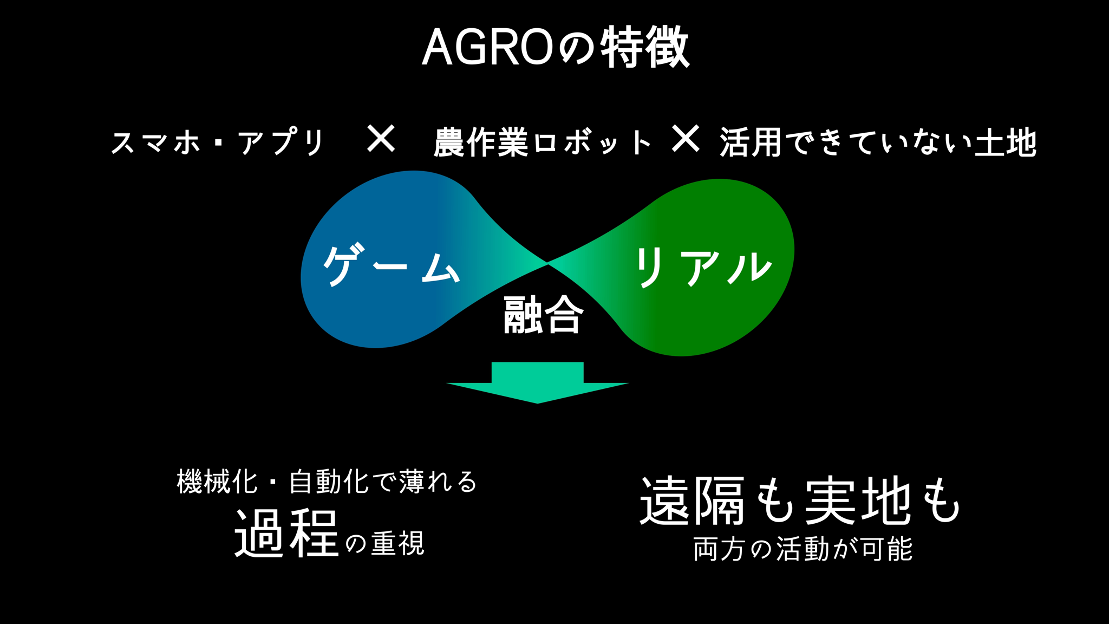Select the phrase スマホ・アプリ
click(x=217, y=142)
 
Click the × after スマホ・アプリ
click(x=381, y=139)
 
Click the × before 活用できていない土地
click(x=686, y=139)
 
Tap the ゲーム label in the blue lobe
click(x=392, y=265)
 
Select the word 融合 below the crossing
click(x=544, y=315)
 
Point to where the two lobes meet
click(x=547, y=263)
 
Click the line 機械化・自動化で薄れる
click(x=327, y=481)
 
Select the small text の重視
click(x=385, y=543)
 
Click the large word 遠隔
click(x=693, y=501)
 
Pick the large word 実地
click(x=858, y=501)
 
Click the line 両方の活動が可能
click(x=803, y=549)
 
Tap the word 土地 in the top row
click(x=1006, y=142)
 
